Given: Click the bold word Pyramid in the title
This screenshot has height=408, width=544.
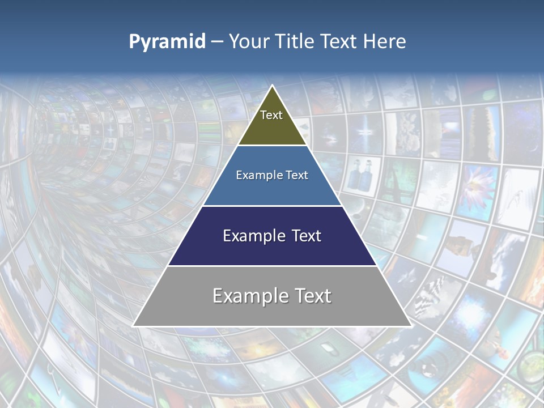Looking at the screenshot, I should pos(167,42).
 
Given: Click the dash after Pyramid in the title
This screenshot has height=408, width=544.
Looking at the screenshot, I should pos(217,42).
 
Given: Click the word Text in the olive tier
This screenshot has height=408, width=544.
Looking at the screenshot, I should pos(271,115).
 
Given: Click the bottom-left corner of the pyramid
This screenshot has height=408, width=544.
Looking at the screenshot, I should pos(133,326).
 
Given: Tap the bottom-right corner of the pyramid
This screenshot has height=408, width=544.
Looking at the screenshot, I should pos(411,326).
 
